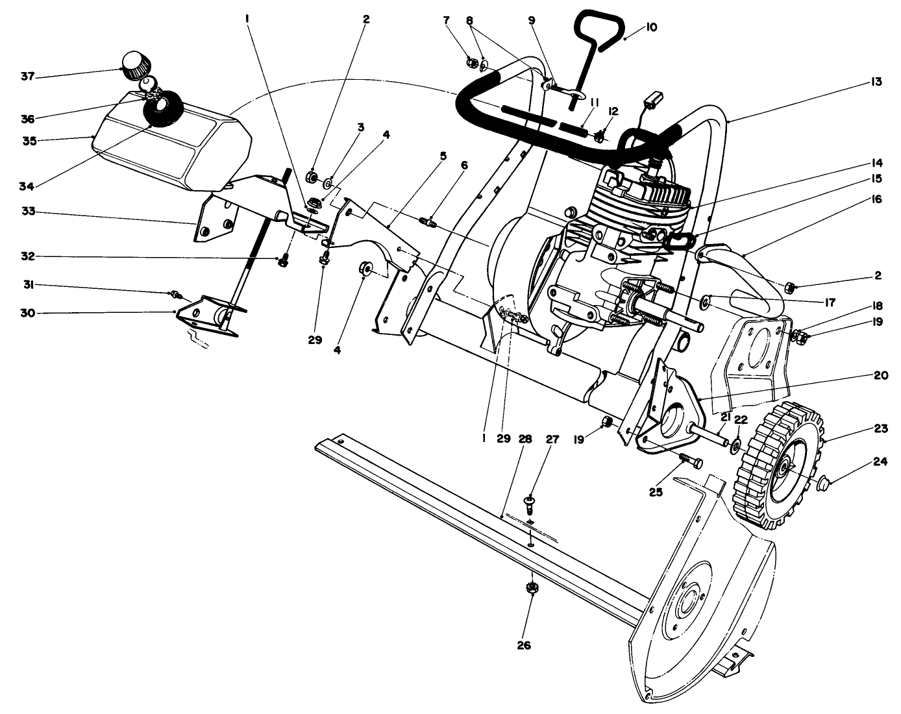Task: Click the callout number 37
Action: click(x=27, y=77)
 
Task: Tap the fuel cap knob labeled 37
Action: click(x=136, y=65)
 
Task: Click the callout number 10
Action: click(x=652, y=27)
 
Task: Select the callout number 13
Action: click(x=876, y=82)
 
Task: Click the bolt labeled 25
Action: click(x=690, y=462)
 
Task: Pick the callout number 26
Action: click(x=524, y=645)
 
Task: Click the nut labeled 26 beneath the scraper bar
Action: click(x=532, y=588)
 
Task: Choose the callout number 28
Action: click(x=525, y=439)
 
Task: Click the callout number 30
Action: click(x=27, y=313)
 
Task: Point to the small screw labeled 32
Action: click(x=282, y=262)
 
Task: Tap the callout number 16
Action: click(x=876, y=200)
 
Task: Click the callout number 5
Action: click(x=443, y=156)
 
